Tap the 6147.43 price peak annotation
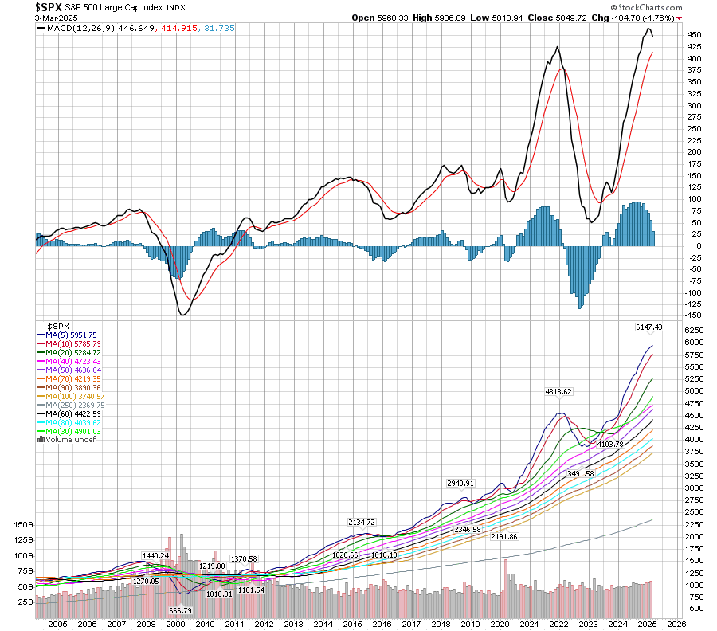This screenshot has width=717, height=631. (649, 327)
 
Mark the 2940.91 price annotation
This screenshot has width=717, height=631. (460, 484)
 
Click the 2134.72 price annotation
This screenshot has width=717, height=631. (361, 522)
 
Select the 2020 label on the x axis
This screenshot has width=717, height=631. (500, 624)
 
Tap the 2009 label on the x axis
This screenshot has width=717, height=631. (176, 624)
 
